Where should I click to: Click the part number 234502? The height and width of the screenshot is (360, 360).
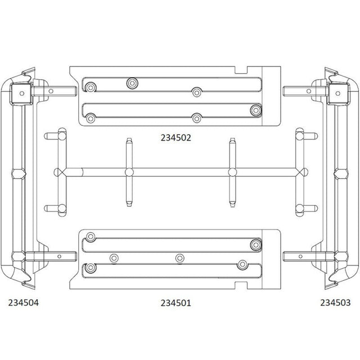point(175,138)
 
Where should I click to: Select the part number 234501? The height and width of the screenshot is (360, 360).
point(175,303)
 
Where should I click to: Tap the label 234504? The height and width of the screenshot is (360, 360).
point(24,303)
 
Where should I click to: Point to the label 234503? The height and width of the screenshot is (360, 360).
point(335,303)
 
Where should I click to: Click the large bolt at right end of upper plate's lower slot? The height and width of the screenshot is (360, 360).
point(256,110)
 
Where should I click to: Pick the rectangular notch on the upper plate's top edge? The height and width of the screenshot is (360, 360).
point(241,70)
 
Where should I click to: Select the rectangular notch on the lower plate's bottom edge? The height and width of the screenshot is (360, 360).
point(241,285)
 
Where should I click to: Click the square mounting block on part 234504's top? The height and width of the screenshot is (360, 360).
point(22,93)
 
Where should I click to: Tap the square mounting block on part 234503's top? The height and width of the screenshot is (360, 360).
point(337,93)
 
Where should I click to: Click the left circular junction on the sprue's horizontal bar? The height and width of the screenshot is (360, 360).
point(129,172)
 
